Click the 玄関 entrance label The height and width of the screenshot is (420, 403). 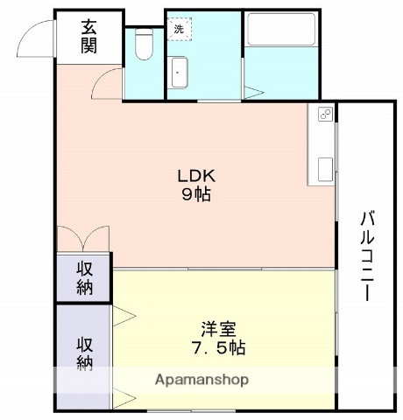90,37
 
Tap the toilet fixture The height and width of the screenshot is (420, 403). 145,45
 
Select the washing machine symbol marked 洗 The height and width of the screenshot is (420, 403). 179,29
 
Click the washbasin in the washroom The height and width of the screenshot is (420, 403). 179,72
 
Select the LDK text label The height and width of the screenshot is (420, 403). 196,174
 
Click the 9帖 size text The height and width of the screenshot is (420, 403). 196,193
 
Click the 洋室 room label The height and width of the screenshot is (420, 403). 218,328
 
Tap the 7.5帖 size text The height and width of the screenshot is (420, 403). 218,347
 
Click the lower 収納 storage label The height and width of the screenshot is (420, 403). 84,352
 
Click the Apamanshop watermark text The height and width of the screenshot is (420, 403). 201,380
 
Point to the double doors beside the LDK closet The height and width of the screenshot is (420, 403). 83,239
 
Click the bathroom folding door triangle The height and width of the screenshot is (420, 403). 254,92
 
